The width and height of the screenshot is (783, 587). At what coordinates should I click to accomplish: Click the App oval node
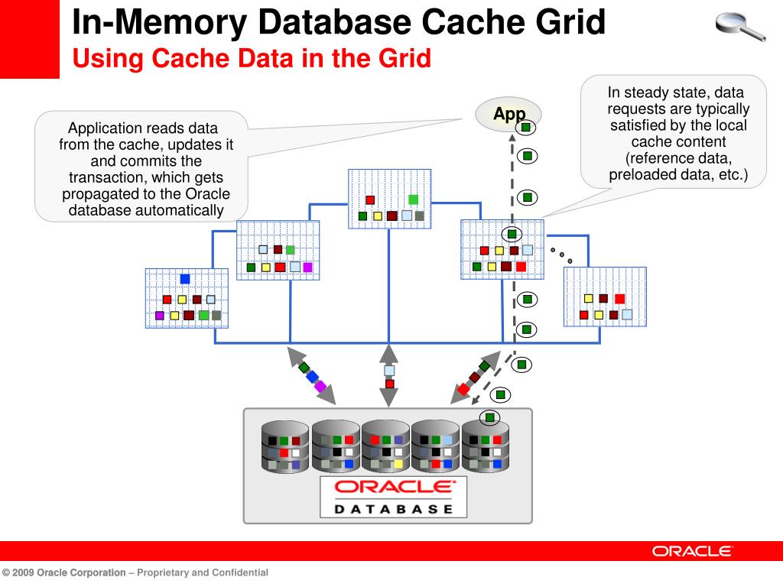(x=508, y=115)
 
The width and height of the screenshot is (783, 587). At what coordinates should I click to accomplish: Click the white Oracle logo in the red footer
(x=692, y=551)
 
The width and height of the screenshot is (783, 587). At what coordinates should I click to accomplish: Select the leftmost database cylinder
(x=284, y=446)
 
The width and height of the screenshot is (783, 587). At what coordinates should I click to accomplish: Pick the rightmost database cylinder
(x=486, y=446)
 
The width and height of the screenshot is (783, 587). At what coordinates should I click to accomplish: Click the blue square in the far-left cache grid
(x=185, y=279)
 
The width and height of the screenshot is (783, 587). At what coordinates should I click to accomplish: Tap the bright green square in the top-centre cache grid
(x=414, y=199)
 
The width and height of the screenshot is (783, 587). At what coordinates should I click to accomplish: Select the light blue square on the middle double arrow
(x=389, y=371)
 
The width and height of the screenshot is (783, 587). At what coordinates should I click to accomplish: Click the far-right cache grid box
(x=605, y=297)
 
